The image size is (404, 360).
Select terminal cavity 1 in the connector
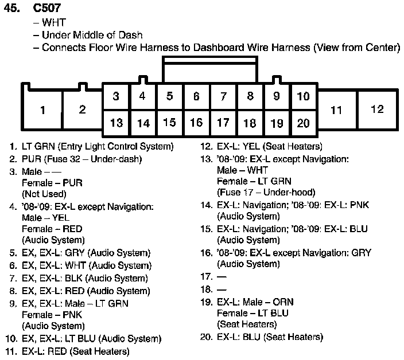42,110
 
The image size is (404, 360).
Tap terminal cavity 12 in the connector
376,109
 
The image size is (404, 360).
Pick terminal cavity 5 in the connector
169,96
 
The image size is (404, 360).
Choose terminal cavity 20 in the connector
304,123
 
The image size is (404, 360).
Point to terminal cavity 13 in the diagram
116,123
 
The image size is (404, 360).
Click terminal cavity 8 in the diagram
250,96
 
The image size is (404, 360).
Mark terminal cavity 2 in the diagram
82,110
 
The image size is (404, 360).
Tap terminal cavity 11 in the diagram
336,109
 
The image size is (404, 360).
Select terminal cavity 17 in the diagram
223,123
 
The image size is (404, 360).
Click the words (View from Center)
356,48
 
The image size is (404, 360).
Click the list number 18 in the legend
206,289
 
